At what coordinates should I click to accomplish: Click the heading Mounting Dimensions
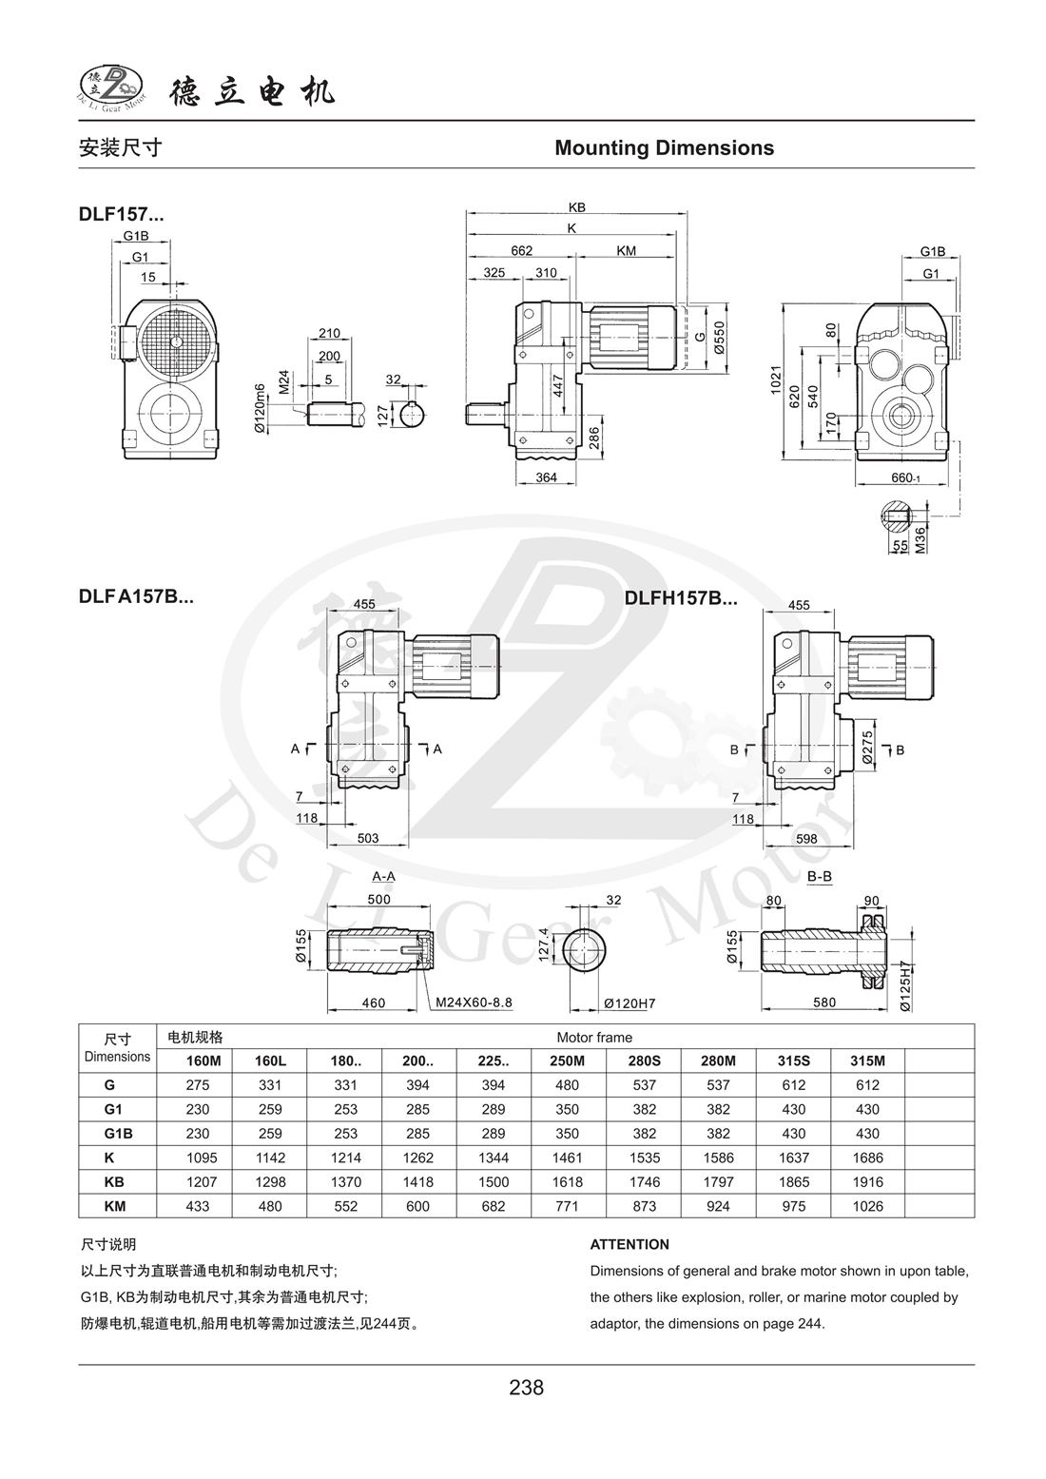[x=664, y=148]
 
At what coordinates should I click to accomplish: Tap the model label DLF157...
[x=121, y=215]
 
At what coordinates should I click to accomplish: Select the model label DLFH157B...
[x=680, y=599]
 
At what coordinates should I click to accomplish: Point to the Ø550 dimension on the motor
[x=720, y=338]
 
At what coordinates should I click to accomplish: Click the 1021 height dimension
[x=776, y=381]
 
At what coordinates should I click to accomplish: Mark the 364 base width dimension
[x=546, y=477]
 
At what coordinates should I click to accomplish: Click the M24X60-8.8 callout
[x=475, y=1002]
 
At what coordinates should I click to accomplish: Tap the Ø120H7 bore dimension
[x=630, y=1003]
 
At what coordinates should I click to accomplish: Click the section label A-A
[x=384, y=876]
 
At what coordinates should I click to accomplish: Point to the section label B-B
[x=819, y=876]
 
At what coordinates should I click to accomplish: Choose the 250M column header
[x=568, y=1061]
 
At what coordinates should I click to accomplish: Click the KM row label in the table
[x=117, y=1206]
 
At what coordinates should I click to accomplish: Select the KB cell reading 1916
[x=868, y=1182]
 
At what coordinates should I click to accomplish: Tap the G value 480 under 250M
[x=568, y=1084]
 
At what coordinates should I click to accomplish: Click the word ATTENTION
[x=630, y=1244]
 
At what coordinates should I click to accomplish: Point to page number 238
[x=526, y=1388]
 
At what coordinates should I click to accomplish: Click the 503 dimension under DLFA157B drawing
[x=368, y=838]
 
